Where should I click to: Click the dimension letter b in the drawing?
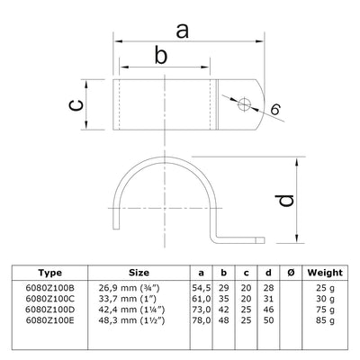[x=161, y=57]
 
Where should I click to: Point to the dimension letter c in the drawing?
[x=78, y=106]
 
